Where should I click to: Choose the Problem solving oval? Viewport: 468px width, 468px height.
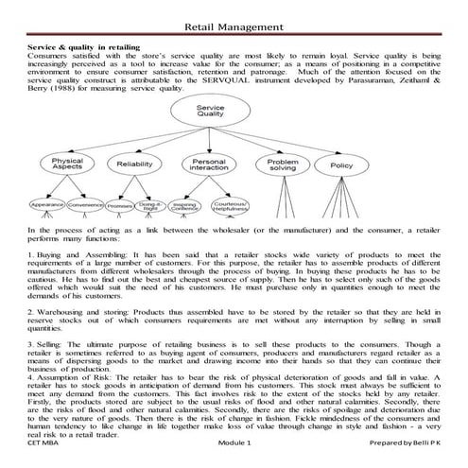point(283,165)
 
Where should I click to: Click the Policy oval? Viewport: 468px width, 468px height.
point(340,165)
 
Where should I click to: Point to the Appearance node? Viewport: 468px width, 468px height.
point(46,205)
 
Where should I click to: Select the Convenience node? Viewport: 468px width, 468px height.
point(86,205)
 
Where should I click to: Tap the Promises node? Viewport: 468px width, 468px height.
point(119,205)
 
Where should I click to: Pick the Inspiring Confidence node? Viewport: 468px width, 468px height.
point(185,205)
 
